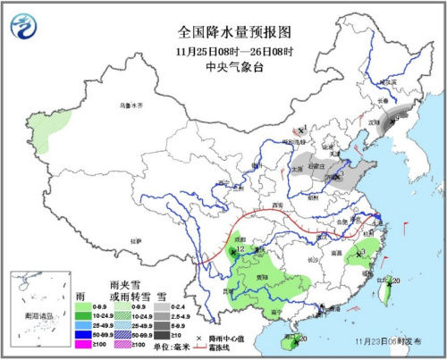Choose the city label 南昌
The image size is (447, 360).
[338, 255]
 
